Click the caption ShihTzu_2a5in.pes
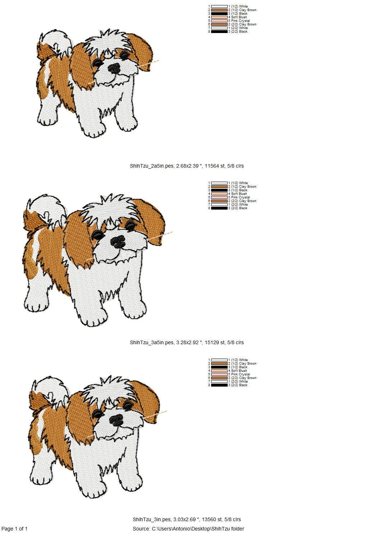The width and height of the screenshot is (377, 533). pos(152,166)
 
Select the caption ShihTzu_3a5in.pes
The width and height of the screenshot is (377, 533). pos(152,342)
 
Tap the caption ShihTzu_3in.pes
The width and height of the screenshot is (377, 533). pos(152,519)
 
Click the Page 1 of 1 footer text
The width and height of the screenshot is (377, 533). pos(14,529)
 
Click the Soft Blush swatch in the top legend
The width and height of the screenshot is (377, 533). pos(219,17)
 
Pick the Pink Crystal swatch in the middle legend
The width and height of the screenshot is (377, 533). pos(219,197)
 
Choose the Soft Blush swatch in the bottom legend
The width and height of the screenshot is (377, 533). pos(219,371)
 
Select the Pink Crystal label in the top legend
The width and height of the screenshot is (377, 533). pos(241,21)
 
